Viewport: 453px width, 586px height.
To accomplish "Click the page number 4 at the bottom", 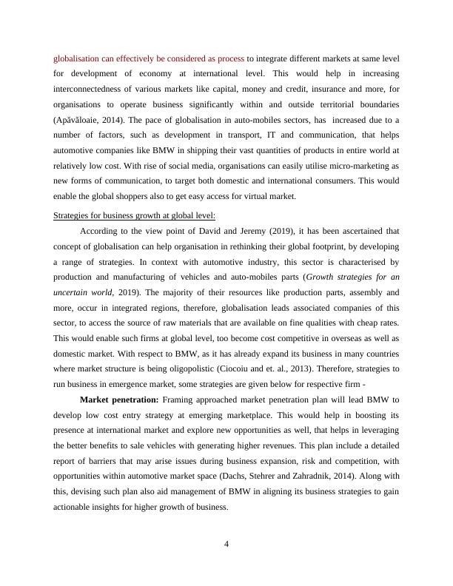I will click(x=226, y=545).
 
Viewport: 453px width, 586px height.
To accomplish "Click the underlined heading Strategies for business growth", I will click(x=135, y=215).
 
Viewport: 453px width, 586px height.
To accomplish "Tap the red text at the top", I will click(x=148, y=58).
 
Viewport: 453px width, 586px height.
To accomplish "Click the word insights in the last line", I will click(x=126, y=508).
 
